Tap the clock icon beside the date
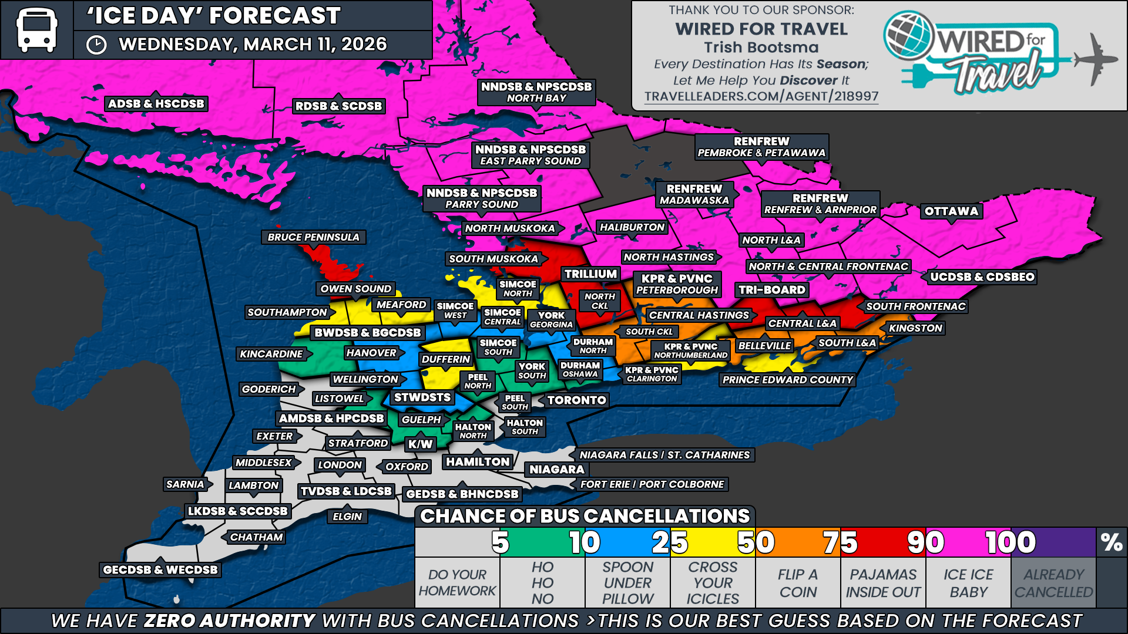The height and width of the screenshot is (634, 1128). (x=96, y=45)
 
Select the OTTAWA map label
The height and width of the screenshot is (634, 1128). (x=951, y=211)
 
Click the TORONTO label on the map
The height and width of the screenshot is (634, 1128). (x=576, y=400)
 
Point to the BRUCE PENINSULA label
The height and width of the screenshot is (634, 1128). (x=313, y=237)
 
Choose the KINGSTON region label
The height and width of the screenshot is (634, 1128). (x=915, y=328)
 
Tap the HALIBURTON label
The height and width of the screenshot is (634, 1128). (x=632, y=227)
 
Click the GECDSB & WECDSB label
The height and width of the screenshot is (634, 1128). (x=160, y=569)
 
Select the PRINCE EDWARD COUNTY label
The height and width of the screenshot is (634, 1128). (x=787, y=380)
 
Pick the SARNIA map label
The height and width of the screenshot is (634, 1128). (x=185, y=484)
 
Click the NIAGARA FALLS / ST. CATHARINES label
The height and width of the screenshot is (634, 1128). (x=664, y=455)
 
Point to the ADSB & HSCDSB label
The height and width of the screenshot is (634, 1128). (x=156, y=104)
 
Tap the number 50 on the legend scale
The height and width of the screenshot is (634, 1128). (x=756, y=542)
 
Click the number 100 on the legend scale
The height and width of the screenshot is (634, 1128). (x=1010, y=542)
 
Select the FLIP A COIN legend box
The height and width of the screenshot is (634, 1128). (x=798, y=583)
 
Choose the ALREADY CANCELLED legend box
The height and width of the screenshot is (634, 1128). (x=1053, y=583)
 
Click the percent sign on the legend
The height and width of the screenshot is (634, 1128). (x=1112, y=542)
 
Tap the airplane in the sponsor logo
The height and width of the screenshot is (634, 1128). (x=1095, y=59)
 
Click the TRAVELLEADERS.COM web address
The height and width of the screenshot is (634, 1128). (x=761, y=96)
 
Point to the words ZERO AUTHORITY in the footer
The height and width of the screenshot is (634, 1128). (x=230, y=620)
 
